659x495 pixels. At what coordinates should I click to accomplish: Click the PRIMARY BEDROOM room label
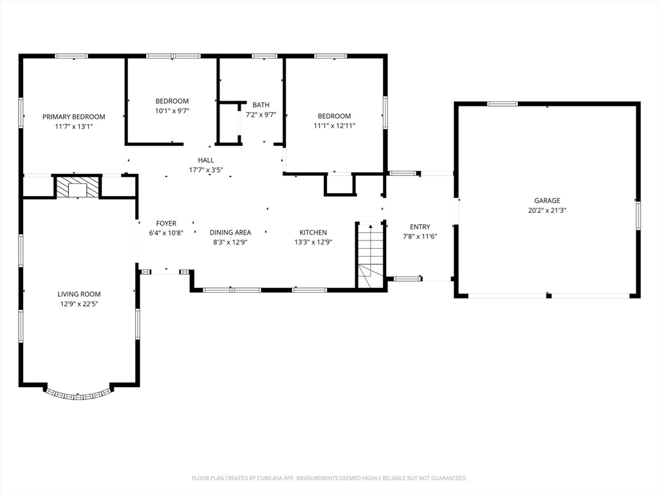click(73, 117)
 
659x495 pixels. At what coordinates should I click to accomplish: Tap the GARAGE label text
click(547, 201)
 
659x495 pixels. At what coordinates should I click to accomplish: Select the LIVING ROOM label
click(79, 294)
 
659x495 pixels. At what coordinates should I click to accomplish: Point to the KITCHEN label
click(313, 232)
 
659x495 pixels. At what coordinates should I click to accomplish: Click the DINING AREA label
click(230, 232)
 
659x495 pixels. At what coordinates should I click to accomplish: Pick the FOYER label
click(166, 224)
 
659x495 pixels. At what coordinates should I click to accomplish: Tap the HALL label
click(206, 160)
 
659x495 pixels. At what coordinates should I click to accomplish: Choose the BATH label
click(261, 105)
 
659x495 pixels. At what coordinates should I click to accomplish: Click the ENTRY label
click(420, 227)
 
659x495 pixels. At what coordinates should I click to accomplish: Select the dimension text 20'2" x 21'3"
click(547, 211)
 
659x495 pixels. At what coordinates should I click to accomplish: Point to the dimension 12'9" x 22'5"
click(79, 304)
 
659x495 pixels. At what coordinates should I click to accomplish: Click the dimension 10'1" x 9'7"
click(172, 111)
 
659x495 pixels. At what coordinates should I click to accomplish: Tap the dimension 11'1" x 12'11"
click(334, 126)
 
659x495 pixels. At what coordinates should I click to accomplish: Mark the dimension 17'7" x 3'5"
click(206, 170)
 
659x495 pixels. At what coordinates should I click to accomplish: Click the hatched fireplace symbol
click(77, 186)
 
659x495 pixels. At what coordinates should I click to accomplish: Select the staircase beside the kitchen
click(370, 255)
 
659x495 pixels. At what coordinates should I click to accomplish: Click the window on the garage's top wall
click(502, 104)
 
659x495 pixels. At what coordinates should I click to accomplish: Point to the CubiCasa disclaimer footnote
click(329, 478)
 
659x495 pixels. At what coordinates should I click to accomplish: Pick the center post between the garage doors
click(548, 295)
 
